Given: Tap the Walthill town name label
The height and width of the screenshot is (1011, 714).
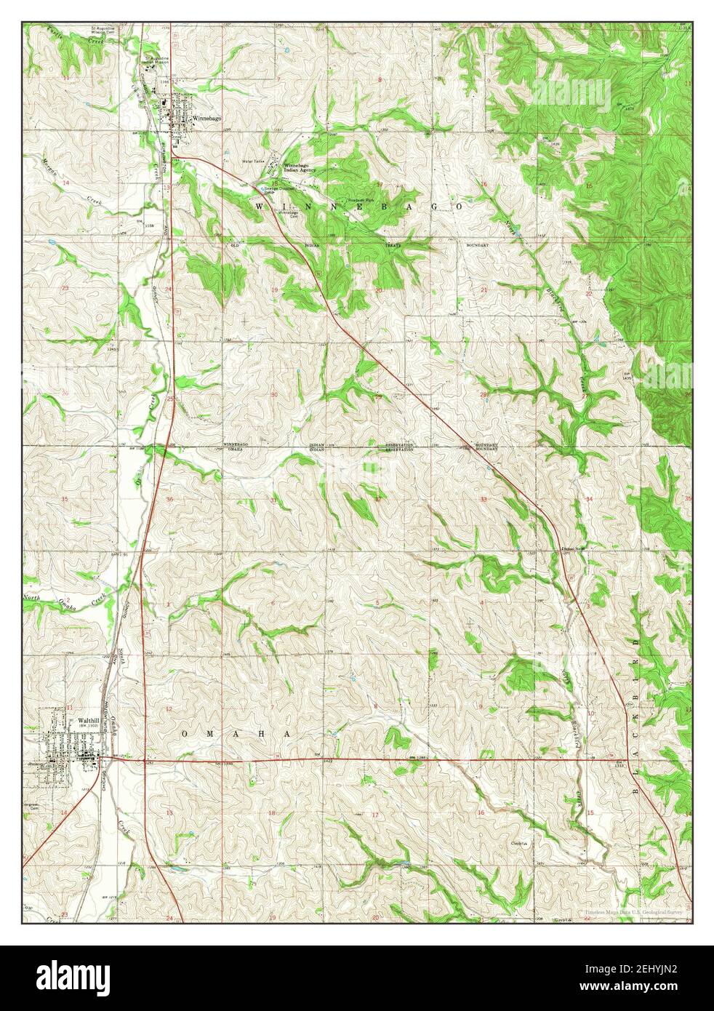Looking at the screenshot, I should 89,720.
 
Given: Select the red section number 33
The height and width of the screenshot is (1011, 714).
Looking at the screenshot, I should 483,500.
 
